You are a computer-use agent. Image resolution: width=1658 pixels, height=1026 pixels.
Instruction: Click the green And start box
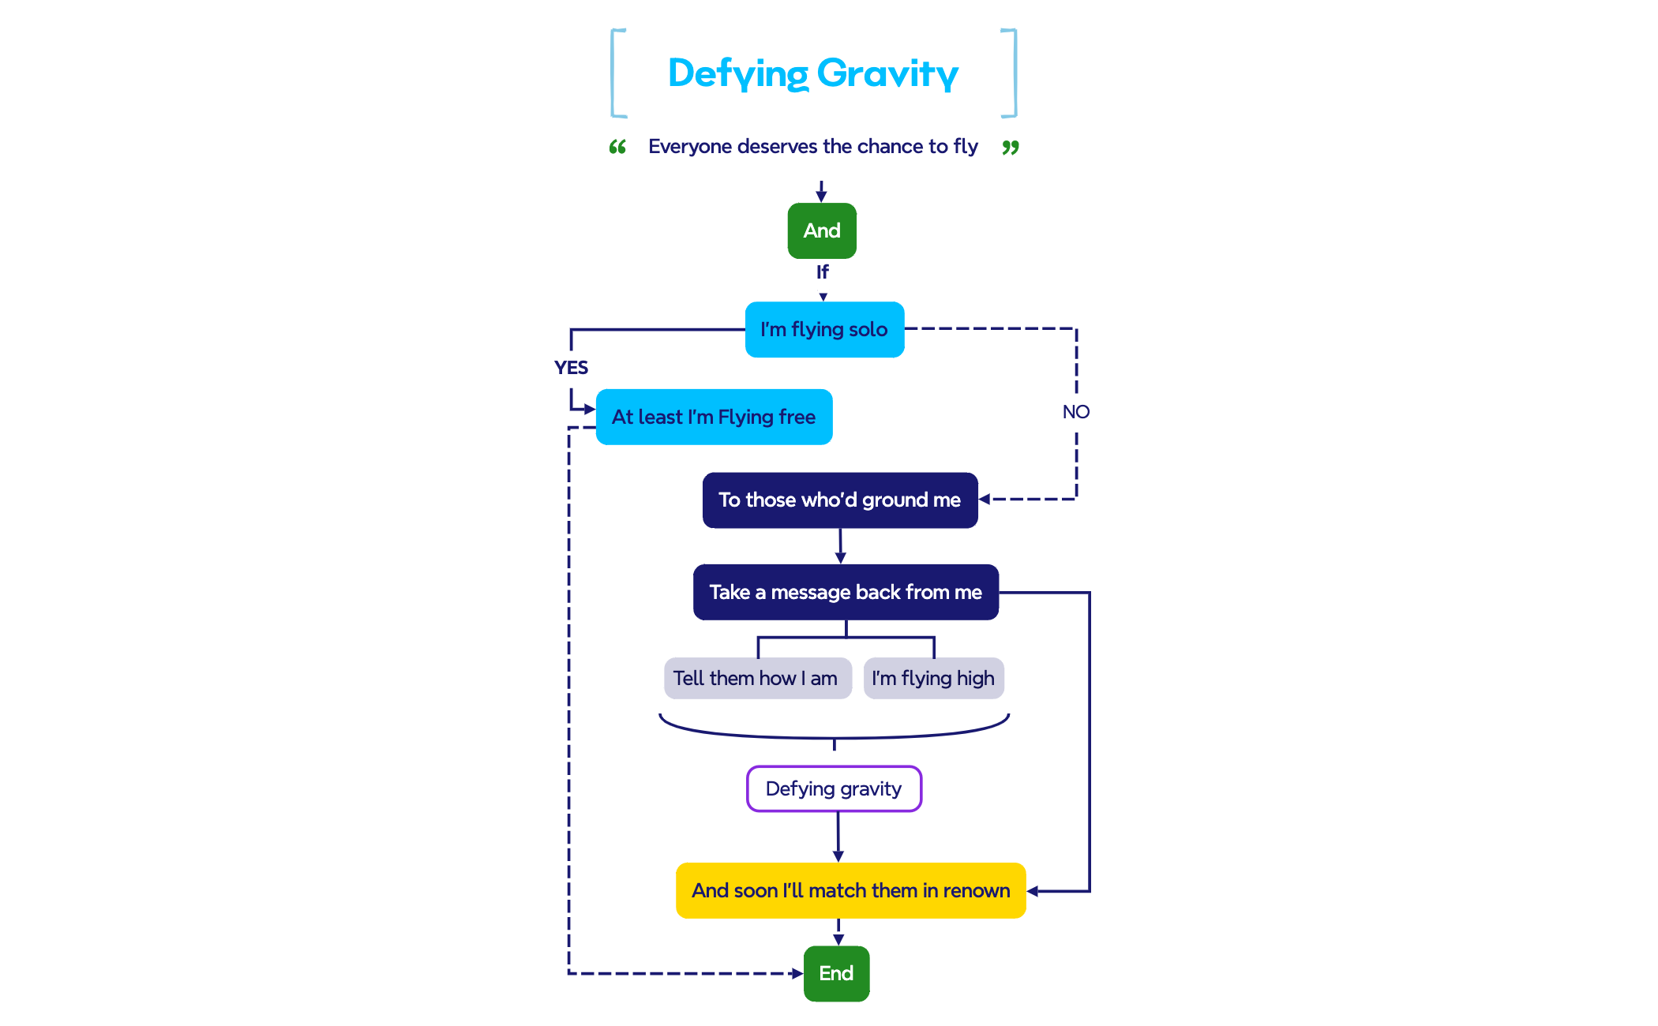[822, 230]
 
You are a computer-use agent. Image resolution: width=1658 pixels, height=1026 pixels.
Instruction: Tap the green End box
[836, 973]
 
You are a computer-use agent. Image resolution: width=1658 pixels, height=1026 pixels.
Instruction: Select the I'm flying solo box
[824, 329]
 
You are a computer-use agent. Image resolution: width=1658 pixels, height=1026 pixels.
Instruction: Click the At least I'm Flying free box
[714, 417]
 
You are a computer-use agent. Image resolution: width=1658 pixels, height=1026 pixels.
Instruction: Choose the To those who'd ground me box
[839, 500]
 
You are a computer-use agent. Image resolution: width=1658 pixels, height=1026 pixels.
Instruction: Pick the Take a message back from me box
[846, 592]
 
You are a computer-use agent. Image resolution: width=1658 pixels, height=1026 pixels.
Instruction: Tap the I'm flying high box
[933, 678]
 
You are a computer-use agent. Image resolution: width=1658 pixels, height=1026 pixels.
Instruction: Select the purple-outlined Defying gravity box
[834, 788]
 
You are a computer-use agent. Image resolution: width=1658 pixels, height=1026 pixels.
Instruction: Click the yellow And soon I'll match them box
[850, 890]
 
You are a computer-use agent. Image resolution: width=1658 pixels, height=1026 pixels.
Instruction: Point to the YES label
[571, 368]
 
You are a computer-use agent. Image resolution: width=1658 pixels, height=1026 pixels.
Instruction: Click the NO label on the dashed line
[1075, 412]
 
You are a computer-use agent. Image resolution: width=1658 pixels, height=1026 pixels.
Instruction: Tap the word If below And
[822, 272]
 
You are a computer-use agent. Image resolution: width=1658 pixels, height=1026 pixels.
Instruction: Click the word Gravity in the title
[887, 73]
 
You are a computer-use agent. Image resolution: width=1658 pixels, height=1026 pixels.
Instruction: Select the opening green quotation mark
[617, 147]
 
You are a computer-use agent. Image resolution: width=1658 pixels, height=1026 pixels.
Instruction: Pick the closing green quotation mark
[1011, 147]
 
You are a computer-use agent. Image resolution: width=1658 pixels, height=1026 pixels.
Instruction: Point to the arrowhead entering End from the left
[797, 973]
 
